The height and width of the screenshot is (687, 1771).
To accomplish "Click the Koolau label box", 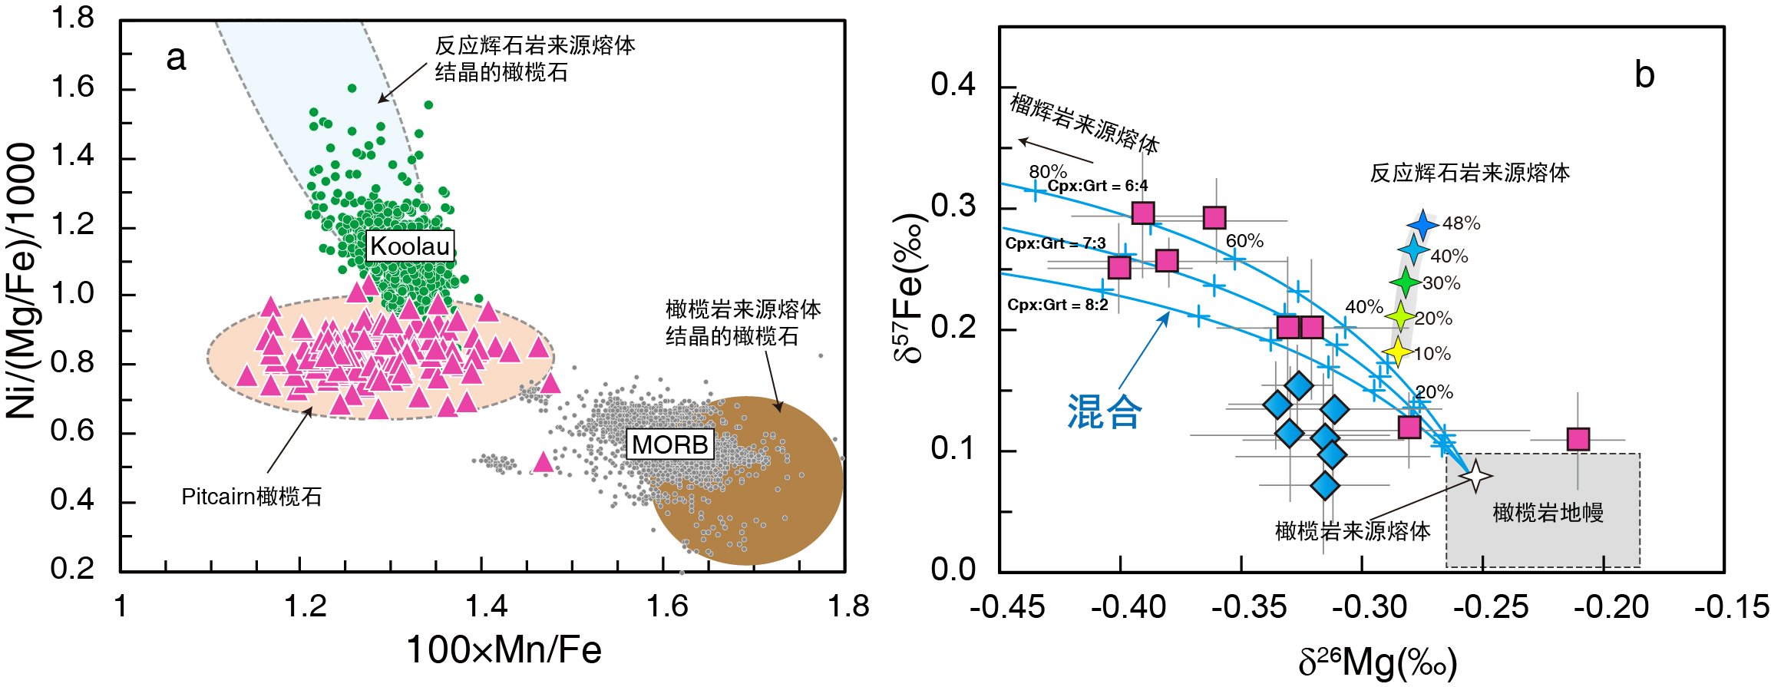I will [410, 246].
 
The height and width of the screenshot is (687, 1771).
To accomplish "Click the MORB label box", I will [670, 444].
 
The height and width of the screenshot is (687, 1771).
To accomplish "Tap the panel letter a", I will [176, 58].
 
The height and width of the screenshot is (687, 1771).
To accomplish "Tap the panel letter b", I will [1644, 75].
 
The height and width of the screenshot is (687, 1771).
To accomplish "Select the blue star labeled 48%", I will [1422, 225].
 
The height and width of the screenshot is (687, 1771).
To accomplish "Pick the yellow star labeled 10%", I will [1397, 352].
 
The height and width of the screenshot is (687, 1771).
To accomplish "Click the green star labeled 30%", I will [1406, 282].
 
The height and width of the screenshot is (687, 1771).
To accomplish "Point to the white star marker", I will [1475, 476].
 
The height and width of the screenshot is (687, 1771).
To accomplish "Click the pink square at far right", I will [1578, 439].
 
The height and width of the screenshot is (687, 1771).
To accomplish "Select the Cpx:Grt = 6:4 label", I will [1098, 186].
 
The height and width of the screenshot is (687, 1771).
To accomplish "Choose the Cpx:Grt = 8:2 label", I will [1057, 305].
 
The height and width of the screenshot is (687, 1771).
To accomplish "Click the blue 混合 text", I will [1104, 412].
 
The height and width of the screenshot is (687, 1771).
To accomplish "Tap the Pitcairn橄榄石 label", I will [251, 497].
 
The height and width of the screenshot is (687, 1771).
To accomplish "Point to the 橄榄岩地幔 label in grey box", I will [1548, 512].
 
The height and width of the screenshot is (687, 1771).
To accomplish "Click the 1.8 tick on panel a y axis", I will [72, 17].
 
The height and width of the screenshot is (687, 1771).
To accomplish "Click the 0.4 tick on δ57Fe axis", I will [953, 84].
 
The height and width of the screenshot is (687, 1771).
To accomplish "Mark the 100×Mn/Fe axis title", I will [504, 650].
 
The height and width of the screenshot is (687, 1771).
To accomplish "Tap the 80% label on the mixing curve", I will [1048, 171].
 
